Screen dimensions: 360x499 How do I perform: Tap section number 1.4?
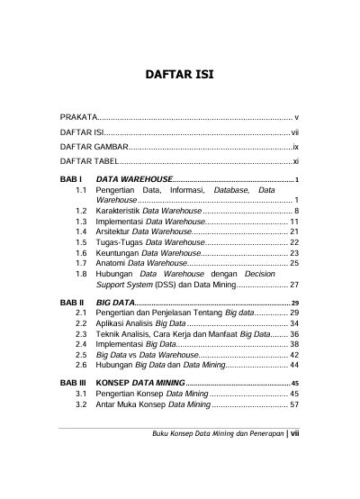[x=82, y=231]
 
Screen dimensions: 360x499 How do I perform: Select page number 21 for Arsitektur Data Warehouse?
[x=294, y=231]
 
